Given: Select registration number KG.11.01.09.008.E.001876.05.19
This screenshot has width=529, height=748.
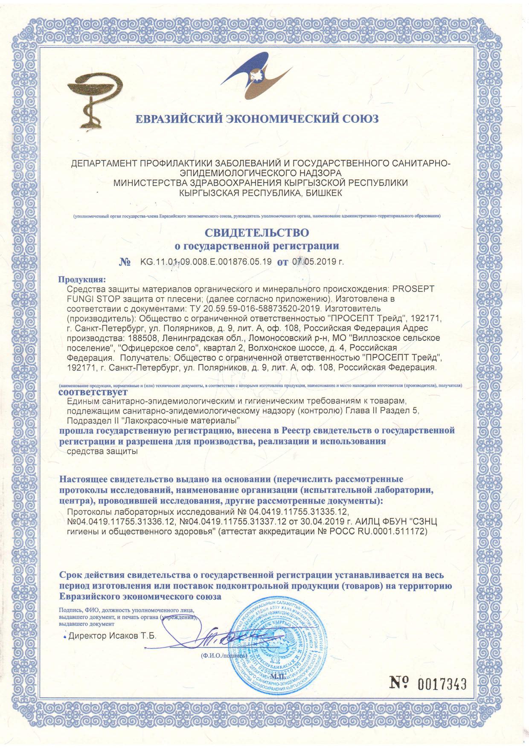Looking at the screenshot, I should pos(206,261).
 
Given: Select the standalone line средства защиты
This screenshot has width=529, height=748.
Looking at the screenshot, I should pos(102,452).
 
